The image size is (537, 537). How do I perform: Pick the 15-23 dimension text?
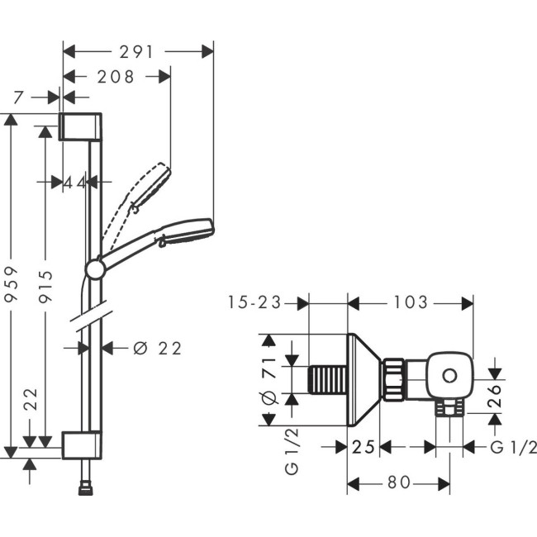pyautogui.click(x=254, y=303)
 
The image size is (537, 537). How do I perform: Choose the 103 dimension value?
pyautogui.click(x=411, y=303)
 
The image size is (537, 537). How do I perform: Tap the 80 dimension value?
pyautogui.click(x=398, y=482)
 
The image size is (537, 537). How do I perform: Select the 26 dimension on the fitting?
pyautogui.click(x=495, y=397)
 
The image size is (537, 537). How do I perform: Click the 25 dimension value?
pyautogui.click(x=364, y=447)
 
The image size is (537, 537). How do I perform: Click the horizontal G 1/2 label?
pyautogui.click(x=513, y=447)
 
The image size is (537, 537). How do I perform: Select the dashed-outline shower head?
pyautogui.click(x=154, y=186)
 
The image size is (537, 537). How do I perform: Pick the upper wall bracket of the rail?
pyautogui.click(x=81, y=126)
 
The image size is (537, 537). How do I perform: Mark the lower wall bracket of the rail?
pyautogui.click(x=81, y=444)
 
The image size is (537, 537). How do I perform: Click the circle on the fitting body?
pyautogui.click(x=448, y=377)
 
